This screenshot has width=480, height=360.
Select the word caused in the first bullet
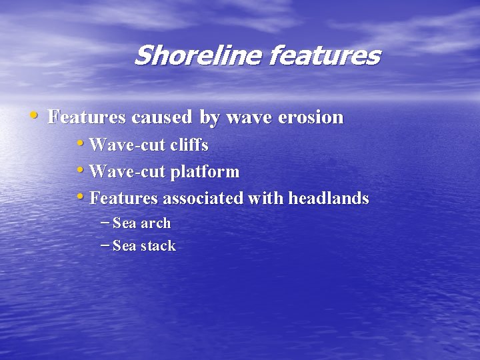coord(163,118)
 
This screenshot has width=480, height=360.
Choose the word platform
coord(205,172)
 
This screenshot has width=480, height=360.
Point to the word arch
coord(155,223)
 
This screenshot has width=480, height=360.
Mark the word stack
coord(158,246)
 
